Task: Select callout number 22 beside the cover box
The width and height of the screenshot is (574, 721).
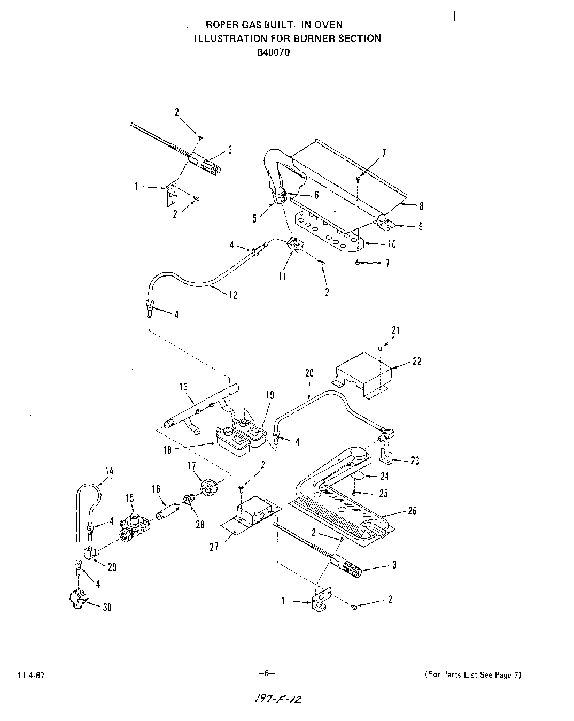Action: click(x=417, y=362)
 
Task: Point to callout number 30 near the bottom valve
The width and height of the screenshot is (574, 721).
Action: click(x=107, y=608)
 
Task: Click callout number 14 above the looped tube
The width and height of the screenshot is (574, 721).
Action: click(x=109, y=471)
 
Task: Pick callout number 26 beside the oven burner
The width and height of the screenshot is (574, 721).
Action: click(x=412, y=511)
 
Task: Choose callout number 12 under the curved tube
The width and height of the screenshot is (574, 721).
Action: click(x=233, y=295)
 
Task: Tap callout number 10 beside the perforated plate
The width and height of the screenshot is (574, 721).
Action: click(x=392, y=244)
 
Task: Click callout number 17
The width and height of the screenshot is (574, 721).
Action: click(x=191, y=466)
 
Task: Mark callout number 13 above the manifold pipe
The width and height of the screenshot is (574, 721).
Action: click(x=183, y=387)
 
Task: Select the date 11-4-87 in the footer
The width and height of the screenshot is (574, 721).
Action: click(x=30, y=675)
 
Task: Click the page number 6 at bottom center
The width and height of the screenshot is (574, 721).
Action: click(x=266, y=673)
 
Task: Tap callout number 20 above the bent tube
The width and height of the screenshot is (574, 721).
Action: click(x=309, y=373)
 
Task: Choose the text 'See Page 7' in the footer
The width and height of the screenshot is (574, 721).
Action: click(x=499, y=675)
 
